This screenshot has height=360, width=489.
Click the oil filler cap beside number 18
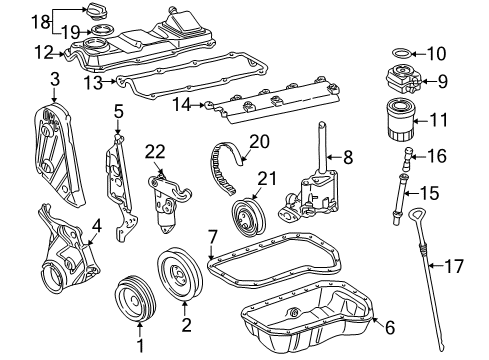click(x=97, y=12)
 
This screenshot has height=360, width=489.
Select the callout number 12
click(x=44, y=53)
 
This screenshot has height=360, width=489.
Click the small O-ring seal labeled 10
click(x=401, y=53)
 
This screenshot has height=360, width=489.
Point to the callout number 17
click(x=454, y=266)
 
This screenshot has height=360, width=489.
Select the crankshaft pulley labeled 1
click(x=135, y=300)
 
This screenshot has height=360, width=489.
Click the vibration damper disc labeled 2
click(x=180, y=275)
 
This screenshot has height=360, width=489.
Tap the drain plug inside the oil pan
click(x=294, y=312)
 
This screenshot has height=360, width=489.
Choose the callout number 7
click(x=213, y=238)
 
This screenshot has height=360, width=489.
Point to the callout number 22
click(x=155, y=152)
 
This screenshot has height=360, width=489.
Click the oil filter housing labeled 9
click(x=404, y=80)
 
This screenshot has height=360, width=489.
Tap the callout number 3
click(x=55, y=79)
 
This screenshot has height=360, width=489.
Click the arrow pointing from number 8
click(x=334, y=156)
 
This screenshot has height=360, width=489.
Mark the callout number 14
click(x=182, y=105)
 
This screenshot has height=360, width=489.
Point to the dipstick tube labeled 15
click(x=400, y=198)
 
